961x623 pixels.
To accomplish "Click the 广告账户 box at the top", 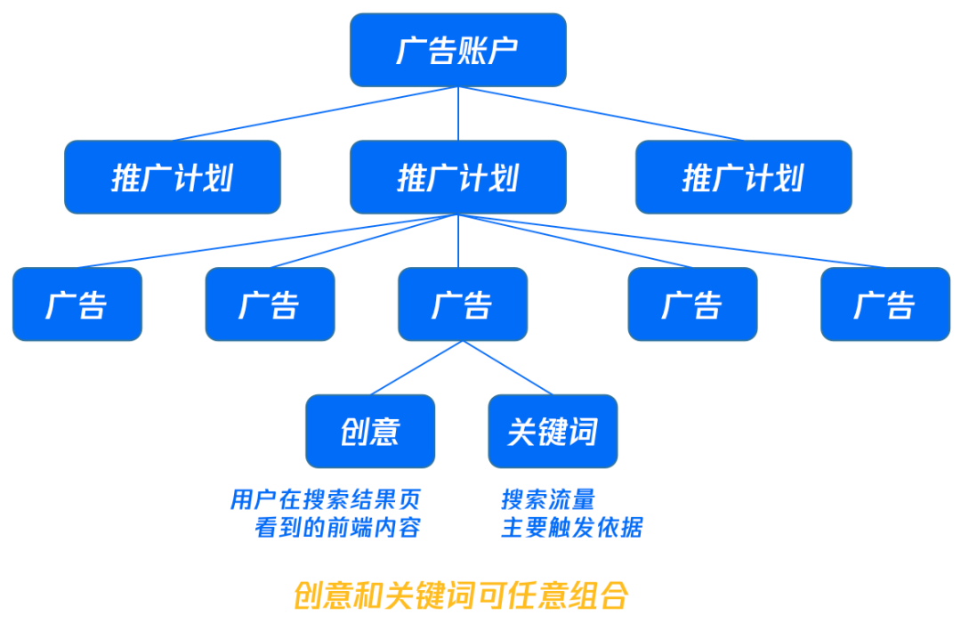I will [457, 50].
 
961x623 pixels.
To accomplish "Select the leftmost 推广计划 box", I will [173, 177].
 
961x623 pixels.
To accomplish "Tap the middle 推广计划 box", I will [457, 177].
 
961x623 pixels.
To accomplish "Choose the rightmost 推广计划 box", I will [743, 177].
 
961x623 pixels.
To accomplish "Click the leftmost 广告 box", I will [77, 304].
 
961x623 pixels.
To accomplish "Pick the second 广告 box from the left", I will [270, 304].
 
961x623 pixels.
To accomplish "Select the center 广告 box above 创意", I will [462, 304].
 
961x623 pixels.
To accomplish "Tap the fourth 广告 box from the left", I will [692, 304].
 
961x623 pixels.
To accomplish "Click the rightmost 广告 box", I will [884, 304].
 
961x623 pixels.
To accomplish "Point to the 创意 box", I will [370, 432].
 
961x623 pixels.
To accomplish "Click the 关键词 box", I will [553, 432].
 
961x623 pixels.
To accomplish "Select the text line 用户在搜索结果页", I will [325, 499].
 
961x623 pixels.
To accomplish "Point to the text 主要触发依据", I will [571, 527].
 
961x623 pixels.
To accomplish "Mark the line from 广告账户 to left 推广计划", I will [316, 113].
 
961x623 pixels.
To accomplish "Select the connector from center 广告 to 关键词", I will [507, 368].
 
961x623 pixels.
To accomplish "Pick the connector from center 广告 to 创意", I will [416, 368].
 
